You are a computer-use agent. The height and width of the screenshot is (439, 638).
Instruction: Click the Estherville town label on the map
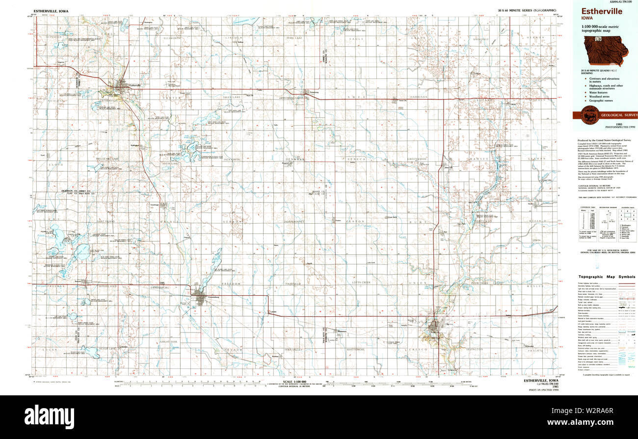pos(134,86)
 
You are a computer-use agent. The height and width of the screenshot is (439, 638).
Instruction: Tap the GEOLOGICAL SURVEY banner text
pos(616,115)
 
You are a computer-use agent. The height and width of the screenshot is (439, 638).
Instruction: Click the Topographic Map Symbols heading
pos(607,277)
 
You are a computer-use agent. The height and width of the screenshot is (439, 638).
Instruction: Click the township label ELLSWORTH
pos(172,38)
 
